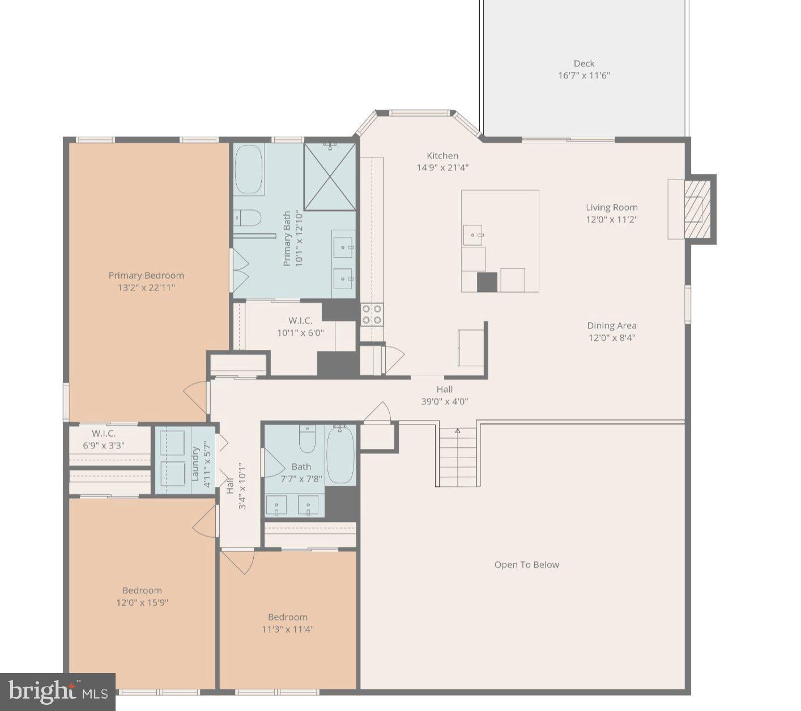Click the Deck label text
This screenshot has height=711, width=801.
point(583,64)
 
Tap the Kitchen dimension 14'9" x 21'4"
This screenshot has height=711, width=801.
point(442,168)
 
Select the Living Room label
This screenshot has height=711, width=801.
point(612,208)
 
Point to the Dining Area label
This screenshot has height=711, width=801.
point(612,325)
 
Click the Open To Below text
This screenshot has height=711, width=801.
point(526,565)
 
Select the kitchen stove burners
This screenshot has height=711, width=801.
point(372,315)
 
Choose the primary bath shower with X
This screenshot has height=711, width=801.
point(330,177)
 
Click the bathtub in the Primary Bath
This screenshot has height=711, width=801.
point(249,169)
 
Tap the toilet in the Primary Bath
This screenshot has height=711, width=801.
point(247,218)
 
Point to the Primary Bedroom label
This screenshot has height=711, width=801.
point(146,276)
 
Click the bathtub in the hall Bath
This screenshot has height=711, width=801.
point(340,455)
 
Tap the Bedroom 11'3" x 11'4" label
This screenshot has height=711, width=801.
point(288,623)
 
